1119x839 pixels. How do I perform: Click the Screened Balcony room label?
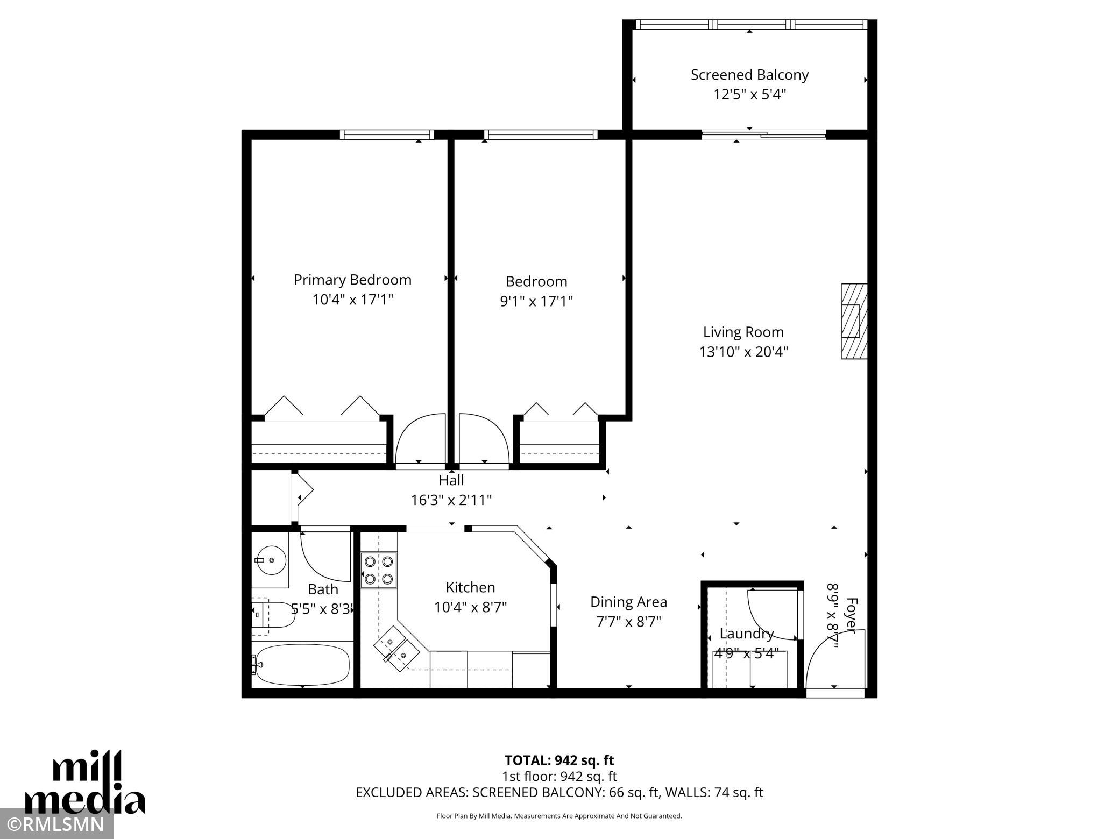click(x=749, y=75)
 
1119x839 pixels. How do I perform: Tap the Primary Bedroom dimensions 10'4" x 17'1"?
click(x=353, y=300)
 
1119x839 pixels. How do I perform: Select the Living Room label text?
click(x=743, y=332)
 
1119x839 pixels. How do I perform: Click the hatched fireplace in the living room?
click(x=854, y=321)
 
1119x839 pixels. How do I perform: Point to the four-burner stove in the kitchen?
click(x=379, y=570)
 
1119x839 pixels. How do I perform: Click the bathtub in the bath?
click(x=302, y=664)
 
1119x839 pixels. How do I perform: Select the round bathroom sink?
click(x=272, y=560)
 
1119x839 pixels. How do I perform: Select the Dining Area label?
click(x=628, y=602)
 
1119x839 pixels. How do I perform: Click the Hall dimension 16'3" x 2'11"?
click(x=451, y=500)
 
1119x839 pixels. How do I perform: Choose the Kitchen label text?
click(x=470, y=587)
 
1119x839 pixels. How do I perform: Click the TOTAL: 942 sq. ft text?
click(x=559, y=760)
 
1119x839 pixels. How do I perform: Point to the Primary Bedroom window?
click(x=387, y=134)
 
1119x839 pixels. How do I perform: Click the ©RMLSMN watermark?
click(x=56, y=824)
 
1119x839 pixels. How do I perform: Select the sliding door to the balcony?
click(x=764, y=134)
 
